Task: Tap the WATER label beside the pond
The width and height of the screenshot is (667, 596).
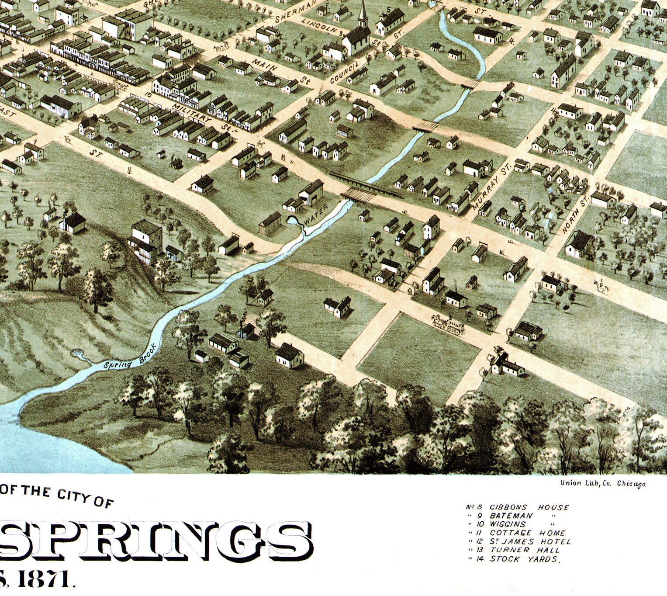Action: [316, 215]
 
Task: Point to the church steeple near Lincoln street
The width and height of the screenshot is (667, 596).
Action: [362, 13]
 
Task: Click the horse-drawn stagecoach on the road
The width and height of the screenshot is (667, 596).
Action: [448, 325]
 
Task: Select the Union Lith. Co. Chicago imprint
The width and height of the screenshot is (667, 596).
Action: [603, 483]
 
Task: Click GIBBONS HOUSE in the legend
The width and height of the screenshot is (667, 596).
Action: [529, 507]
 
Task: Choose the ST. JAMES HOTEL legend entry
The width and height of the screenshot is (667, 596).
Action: [529, 541]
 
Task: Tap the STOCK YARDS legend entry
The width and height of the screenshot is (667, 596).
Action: [523, 559]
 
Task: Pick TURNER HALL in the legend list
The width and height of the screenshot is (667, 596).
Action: [524, 550]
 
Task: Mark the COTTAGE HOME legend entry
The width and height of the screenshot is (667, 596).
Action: [527, 533]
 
